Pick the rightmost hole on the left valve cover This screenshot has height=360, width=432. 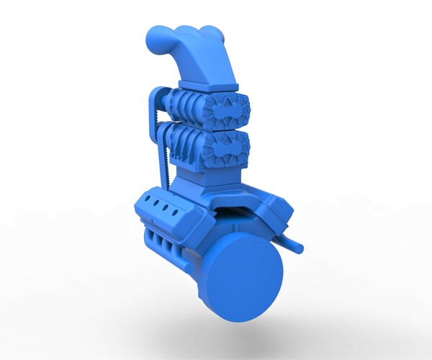pos(176,212)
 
